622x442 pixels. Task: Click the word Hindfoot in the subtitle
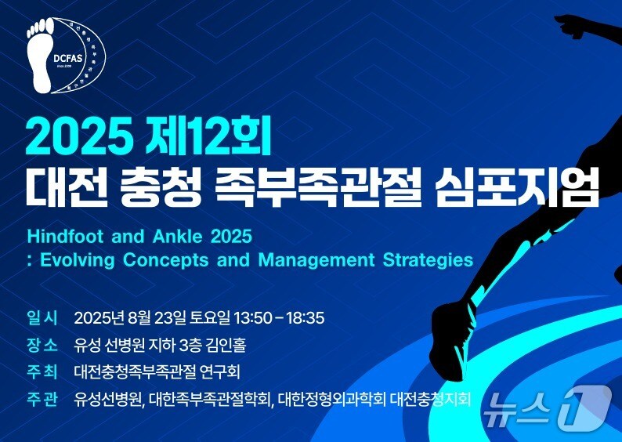[63, 236]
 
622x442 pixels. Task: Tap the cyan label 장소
[42, 345]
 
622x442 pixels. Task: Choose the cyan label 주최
[42, 371]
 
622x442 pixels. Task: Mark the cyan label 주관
[42, 399]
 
